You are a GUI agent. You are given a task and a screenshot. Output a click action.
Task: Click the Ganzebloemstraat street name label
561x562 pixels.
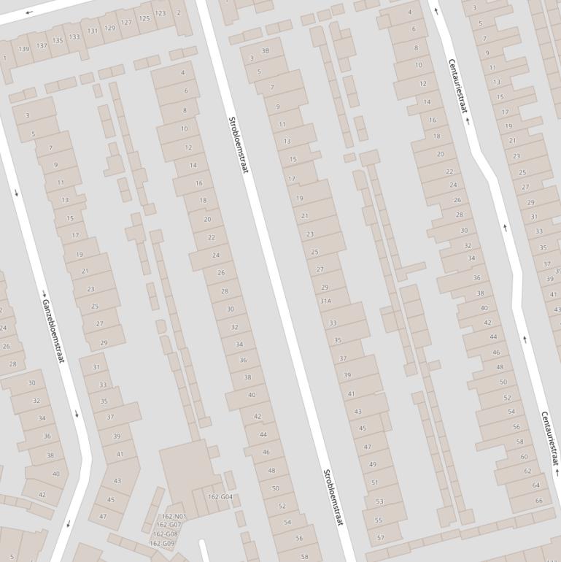point(53,331)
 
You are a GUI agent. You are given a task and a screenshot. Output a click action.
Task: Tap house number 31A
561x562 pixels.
point(325,301)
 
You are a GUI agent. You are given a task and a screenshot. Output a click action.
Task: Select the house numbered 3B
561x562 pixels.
point(265,51)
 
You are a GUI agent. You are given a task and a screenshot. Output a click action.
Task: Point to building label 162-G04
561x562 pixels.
point(220,497)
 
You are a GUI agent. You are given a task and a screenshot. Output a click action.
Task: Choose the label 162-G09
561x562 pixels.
point(163,543)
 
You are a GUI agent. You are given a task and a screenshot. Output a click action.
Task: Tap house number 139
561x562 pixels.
point(24,49)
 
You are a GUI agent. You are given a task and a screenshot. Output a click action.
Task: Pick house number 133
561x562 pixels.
point(74,37)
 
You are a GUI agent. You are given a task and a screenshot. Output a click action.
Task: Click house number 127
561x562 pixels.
point(127,23)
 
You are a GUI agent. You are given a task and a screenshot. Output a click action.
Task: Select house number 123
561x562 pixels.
point(160,13)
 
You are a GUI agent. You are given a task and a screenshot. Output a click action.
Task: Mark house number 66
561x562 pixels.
point(539,501)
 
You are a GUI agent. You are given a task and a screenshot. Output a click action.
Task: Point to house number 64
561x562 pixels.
point(536,485)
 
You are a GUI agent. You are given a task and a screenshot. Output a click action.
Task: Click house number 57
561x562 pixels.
point(381,538)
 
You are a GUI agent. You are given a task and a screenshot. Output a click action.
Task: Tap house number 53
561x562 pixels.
point(379,501)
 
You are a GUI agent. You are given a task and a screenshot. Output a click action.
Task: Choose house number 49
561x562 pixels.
point(373,464)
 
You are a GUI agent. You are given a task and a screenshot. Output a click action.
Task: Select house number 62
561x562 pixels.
point(528,471)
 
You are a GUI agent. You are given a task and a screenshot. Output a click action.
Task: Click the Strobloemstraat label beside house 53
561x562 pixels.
point(333,497)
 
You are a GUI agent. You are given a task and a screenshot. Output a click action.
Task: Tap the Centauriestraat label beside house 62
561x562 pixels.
point(550,438)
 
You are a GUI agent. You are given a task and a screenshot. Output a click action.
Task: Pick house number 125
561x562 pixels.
point(144,18)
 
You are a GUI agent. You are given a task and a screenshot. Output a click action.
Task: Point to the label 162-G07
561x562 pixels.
point(169,525)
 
